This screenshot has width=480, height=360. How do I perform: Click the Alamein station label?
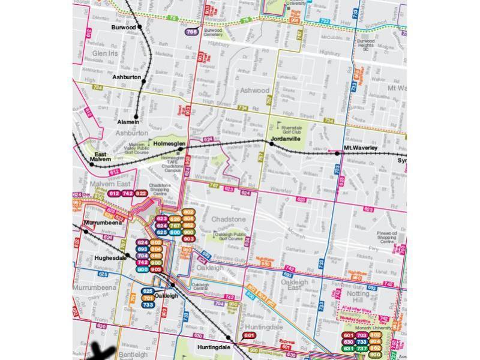[128, 122]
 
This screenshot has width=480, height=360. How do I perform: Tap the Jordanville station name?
[286, 139]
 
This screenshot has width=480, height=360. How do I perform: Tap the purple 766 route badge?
[192, 32]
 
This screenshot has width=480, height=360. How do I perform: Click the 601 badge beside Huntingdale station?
[249, 335]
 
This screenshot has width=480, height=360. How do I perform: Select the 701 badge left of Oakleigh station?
[148, 298]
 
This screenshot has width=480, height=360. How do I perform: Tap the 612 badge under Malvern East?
[115, 193]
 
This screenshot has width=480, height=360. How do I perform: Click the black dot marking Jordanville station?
[272, 144]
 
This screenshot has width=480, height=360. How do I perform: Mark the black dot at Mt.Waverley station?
[338, 153]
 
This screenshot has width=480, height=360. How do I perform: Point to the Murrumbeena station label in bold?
[103, 223]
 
